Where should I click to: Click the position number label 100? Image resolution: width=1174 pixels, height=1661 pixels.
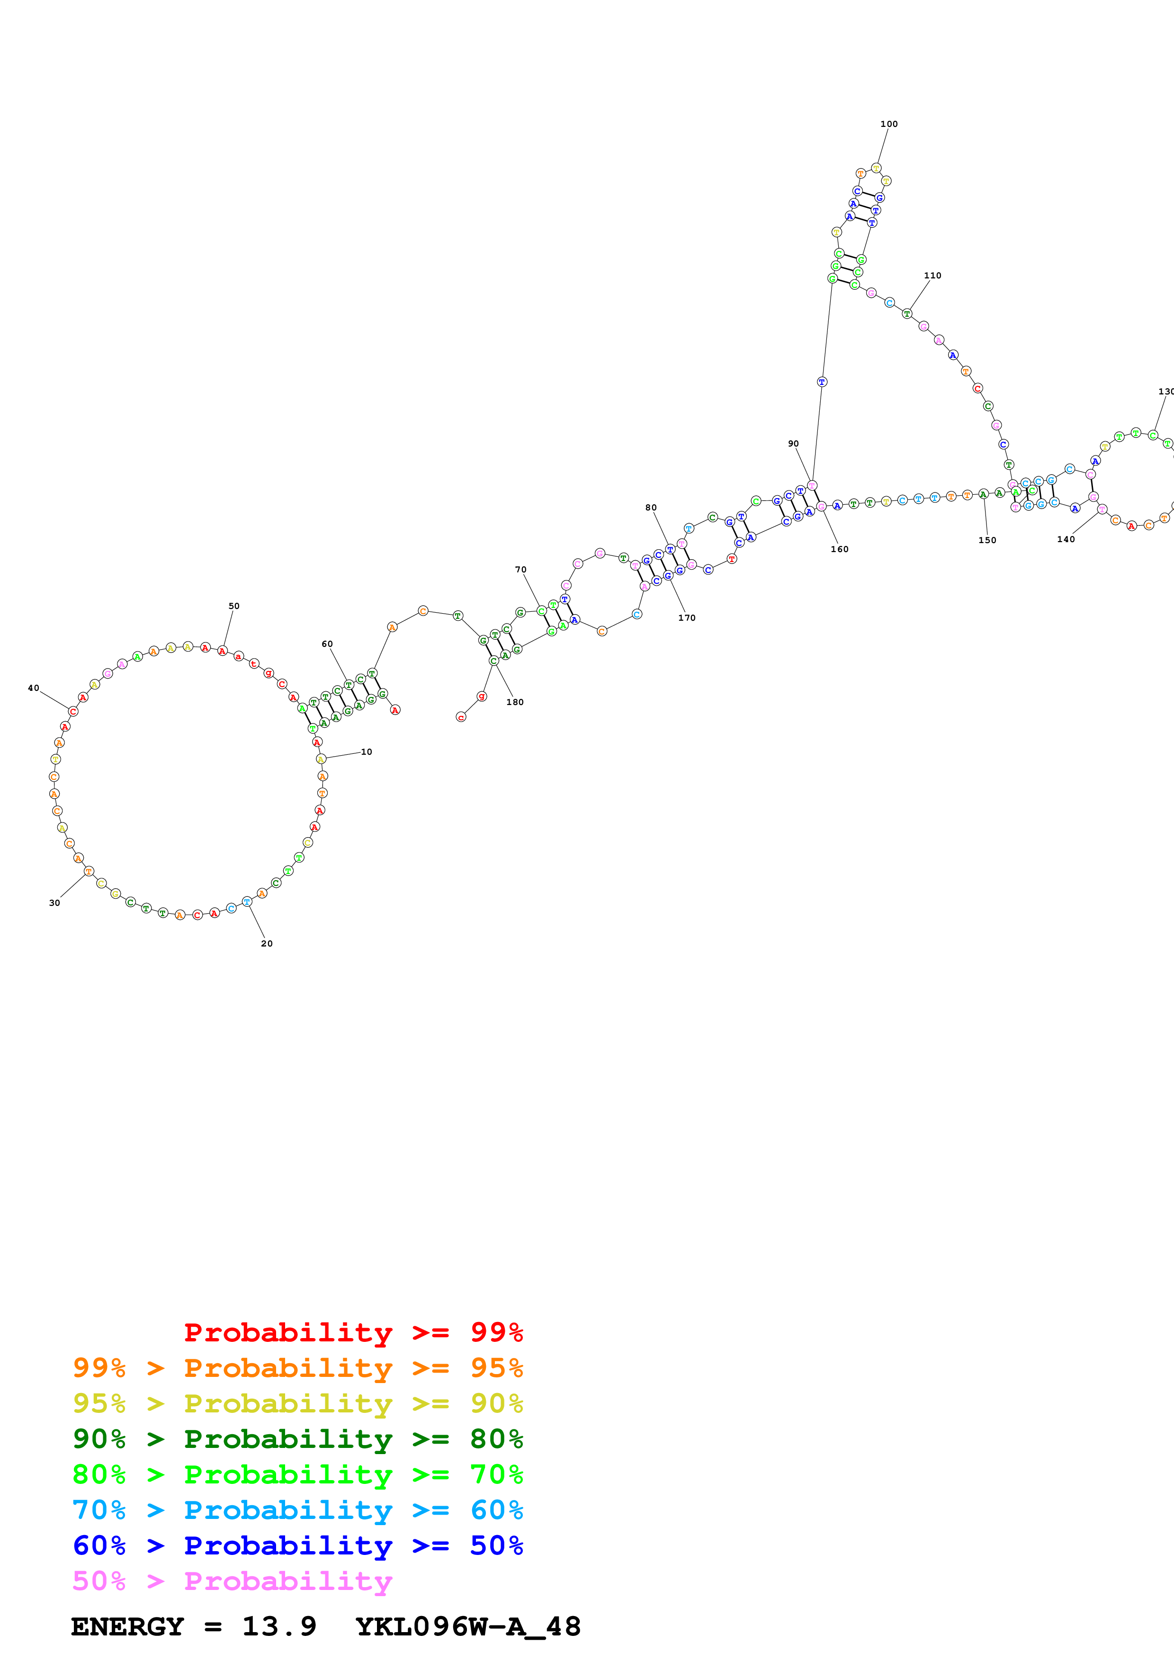coord(888,125)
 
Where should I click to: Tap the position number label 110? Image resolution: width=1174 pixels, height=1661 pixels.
coord(932,276)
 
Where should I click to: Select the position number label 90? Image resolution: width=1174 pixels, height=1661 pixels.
coord(794,444)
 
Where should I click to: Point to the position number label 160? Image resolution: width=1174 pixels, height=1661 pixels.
coord(839,549)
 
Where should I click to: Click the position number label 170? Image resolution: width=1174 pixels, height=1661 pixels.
coord(687,618)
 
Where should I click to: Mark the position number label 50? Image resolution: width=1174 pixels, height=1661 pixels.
coord(233,606)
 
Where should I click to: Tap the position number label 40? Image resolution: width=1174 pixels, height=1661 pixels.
coord(33,688)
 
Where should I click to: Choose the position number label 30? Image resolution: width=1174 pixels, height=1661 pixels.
coord(54,903)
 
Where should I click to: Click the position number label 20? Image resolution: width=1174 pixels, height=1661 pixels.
coord(267,943)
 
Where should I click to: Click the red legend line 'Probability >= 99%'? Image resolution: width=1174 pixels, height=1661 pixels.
coord(353,1332)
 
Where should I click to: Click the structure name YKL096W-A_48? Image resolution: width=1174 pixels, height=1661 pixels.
coord(468,1626)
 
